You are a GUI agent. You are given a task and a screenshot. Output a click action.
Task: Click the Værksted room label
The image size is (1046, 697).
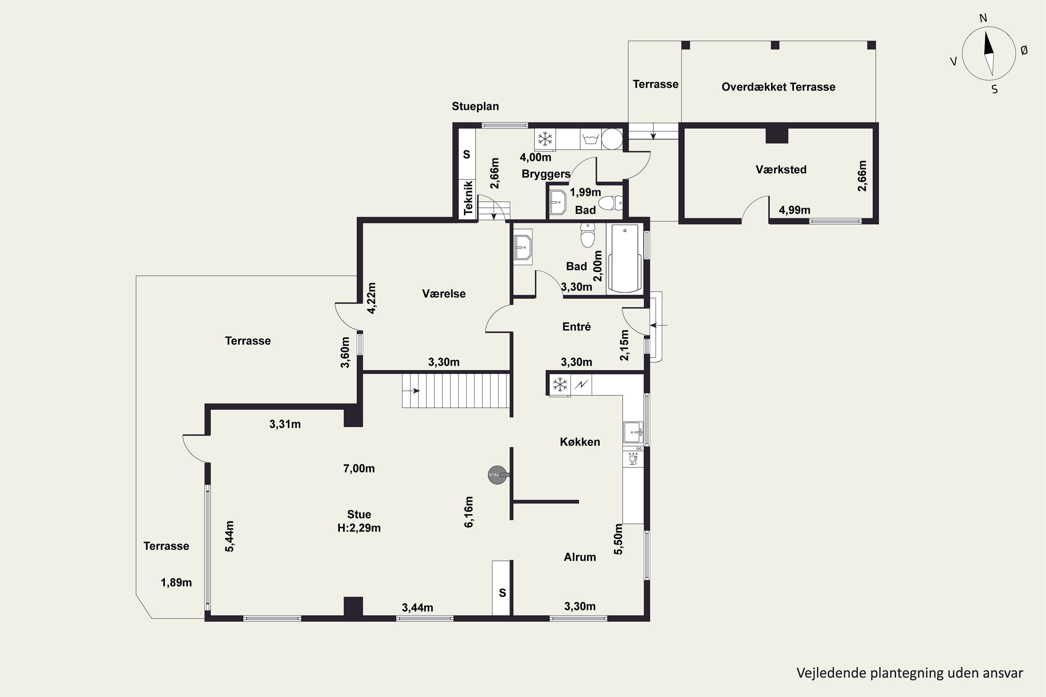781,169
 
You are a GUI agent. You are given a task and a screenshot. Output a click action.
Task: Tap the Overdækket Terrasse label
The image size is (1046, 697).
778,87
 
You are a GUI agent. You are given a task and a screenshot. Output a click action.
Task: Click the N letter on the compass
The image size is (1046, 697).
983,18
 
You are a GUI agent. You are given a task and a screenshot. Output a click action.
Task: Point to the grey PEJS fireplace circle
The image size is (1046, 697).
497,475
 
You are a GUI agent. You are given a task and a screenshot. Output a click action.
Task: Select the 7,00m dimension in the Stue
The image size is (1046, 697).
359,468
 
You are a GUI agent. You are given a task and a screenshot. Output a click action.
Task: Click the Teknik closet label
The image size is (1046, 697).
468,198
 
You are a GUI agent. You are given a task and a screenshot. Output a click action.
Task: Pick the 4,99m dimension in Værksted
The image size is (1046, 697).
794,210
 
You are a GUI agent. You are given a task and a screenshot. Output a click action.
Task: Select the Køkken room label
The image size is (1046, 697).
580,442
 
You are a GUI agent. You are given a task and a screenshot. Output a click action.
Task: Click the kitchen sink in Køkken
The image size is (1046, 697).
633,432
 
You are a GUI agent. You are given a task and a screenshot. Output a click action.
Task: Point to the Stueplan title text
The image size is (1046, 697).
476,106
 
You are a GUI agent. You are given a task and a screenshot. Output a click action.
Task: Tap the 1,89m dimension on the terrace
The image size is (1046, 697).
176,583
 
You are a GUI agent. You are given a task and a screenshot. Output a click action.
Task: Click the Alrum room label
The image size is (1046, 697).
580,557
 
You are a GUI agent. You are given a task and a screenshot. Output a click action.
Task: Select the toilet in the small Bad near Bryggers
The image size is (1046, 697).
610,204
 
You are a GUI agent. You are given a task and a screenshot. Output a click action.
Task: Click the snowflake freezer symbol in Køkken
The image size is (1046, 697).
560,384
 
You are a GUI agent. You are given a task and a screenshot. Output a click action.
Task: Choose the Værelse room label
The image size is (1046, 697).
444,294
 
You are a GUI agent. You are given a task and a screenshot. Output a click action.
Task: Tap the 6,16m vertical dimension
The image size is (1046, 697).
469,512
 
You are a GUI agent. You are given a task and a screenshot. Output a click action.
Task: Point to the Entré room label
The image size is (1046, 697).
576,327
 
